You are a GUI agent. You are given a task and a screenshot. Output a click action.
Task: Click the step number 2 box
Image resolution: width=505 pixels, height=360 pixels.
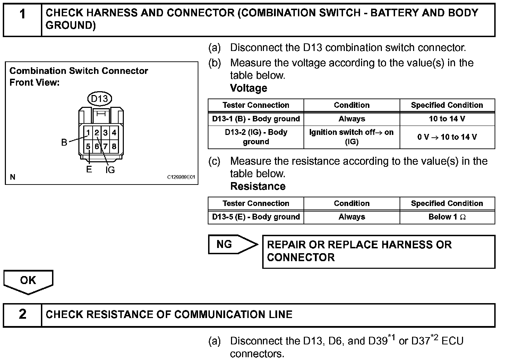pos(23,315)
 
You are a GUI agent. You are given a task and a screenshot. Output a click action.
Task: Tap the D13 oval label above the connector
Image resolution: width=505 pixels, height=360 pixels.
pos(100,99)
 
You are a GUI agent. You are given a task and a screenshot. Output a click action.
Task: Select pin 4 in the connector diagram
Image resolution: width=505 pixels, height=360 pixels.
pos(114,132)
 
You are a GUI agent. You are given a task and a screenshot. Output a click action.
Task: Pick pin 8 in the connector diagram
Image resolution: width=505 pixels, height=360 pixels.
pos(114,146)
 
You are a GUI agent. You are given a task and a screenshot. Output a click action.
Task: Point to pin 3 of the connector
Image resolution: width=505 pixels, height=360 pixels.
pos(105,132)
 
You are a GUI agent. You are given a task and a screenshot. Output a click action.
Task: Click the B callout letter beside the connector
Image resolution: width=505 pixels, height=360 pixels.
pos(64,143)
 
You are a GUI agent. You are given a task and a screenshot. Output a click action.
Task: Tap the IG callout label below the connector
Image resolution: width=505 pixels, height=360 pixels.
pos(110,170)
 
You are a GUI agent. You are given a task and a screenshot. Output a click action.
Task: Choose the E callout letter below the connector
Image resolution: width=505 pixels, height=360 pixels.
pos(89,170)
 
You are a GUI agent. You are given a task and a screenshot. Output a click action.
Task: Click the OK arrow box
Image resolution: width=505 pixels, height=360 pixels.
pos(28,281)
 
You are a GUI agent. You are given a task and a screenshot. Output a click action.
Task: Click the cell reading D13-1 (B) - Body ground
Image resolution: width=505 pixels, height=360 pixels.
pos(256,119)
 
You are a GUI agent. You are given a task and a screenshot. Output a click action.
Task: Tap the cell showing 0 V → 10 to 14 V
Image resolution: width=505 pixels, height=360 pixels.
pos(447,137)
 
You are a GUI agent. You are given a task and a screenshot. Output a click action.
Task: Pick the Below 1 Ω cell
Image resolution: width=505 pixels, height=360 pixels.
pos(447,217)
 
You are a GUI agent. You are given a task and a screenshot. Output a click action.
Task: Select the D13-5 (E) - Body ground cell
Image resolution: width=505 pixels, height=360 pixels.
pos(256,217)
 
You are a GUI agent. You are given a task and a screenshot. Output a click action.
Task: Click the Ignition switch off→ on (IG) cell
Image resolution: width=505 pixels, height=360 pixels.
pos(351,137)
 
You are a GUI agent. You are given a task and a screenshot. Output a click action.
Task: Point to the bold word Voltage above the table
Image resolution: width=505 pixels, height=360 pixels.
pos(249,88)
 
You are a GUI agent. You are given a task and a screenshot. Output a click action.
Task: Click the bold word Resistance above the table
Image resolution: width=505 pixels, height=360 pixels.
pos(258,186)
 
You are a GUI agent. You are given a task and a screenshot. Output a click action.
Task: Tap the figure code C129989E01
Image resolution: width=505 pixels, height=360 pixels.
pos(181,177)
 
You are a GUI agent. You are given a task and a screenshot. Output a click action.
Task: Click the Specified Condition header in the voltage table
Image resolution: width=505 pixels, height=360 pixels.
pos(447,105)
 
